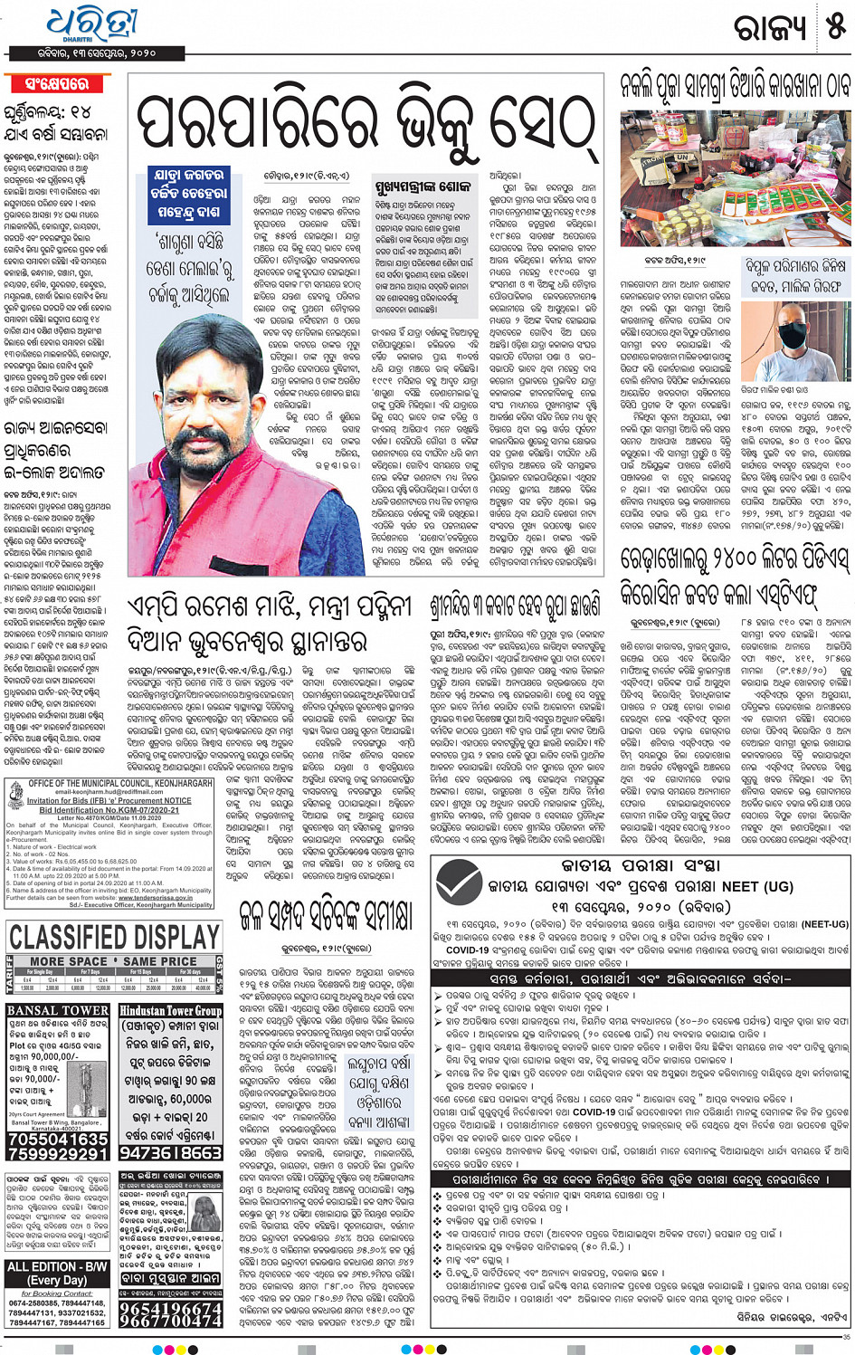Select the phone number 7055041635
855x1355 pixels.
(59, 1139)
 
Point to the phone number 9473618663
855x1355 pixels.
(170, 1152)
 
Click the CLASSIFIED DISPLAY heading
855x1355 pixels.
(114, 938)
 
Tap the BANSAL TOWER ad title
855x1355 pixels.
(58, 1010)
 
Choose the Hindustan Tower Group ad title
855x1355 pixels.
(170, 1010)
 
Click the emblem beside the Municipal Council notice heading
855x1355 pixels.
(15, 797)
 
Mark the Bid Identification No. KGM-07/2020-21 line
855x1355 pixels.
(109, 810)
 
